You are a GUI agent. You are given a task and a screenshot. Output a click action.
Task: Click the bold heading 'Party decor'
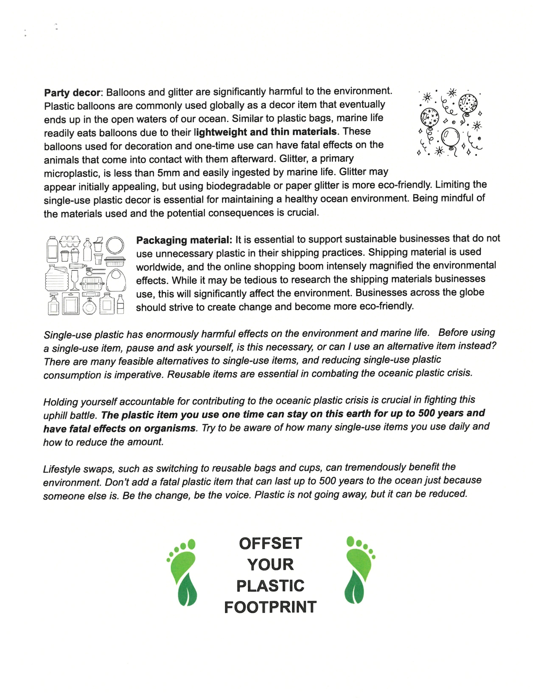(x=72, y=93)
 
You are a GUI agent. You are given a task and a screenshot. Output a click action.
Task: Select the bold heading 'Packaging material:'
(x=184, y=240)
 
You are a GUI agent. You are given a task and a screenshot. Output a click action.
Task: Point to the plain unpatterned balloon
(x=450, y=137)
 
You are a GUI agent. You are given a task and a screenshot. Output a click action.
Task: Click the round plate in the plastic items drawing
(x=115, y=246)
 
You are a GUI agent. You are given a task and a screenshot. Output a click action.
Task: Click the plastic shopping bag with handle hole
(x=115, y=280)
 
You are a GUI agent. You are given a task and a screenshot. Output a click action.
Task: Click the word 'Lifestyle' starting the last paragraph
(x=62, y=469)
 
